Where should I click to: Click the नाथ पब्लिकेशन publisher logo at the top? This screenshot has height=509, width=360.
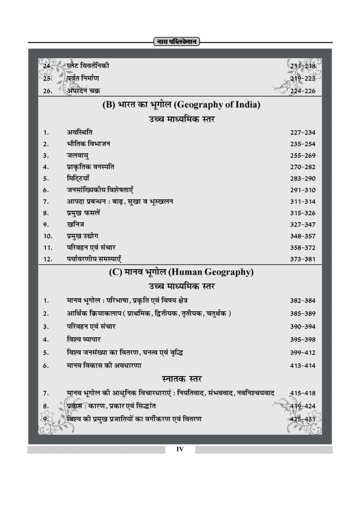(176, 42)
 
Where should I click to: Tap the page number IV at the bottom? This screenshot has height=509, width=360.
(180, 449)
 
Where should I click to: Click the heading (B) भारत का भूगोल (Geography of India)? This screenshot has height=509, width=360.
(181, 105)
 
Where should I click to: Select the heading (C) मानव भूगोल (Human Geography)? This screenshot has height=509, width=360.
(181, 272)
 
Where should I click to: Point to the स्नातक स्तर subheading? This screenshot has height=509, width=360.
(181, 379)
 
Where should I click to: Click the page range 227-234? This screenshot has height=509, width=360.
(302, 133)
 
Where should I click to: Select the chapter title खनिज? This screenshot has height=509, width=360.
(75, 225)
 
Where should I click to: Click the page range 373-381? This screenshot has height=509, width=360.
(302, 259)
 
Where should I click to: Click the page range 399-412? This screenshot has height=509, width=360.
(302, 353)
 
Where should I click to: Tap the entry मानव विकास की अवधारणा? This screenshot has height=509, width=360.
(104, 365)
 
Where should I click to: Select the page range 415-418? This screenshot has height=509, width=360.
(302, 393)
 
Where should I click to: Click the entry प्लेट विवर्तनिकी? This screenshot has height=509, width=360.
(88, 66)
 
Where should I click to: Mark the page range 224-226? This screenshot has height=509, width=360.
(302, 91)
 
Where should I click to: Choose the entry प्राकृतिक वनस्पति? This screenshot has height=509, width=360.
(90, 167)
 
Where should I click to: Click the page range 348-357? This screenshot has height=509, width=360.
(302, 236)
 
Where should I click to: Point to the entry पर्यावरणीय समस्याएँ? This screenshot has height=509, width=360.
(94, 259)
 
